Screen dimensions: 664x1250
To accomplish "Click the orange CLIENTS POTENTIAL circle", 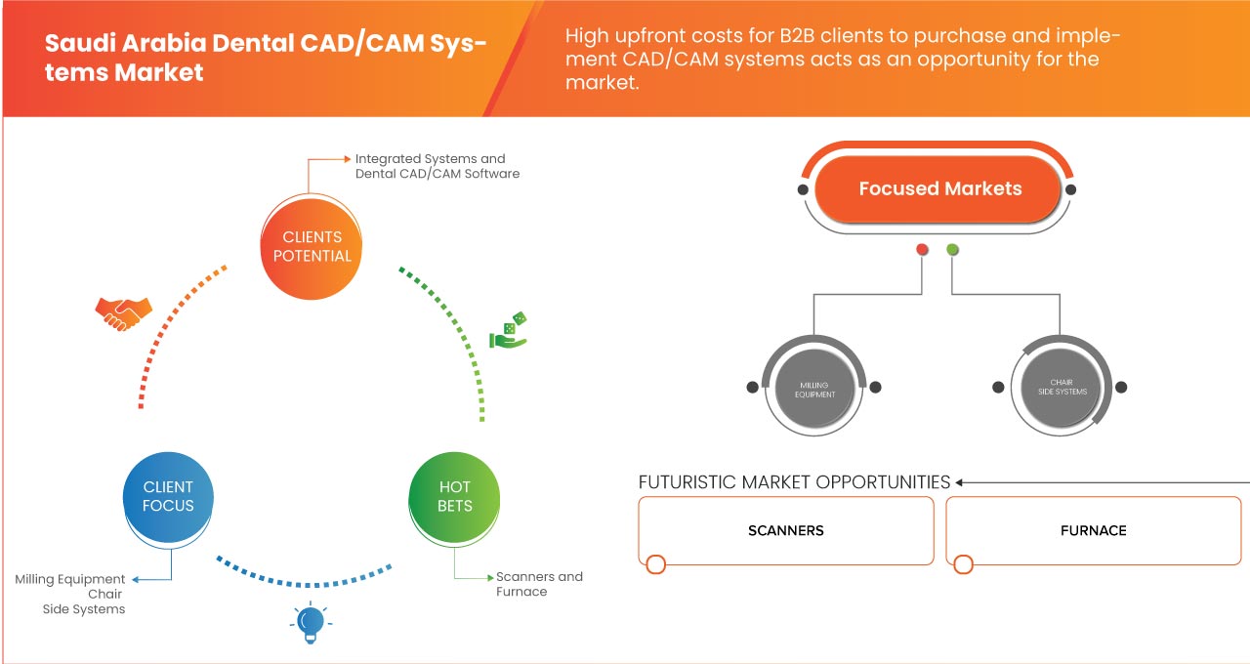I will (312, 246).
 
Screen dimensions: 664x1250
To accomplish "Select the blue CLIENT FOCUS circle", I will (168, 496).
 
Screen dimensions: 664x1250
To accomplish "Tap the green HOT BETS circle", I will (454, 496).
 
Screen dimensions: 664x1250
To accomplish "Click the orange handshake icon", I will (123, 312).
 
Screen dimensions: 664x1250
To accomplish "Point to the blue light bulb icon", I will (311, 623).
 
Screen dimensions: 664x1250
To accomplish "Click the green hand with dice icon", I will (509, 331).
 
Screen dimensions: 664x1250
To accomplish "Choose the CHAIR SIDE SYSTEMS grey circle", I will (1061, 387).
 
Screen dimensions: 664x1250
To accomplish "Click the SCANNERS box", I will (786, 530).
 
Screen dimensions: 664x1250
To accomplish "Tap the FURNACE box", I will (1093, 530).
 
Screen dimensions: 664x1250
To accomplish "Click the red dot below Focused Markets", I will (922, 250).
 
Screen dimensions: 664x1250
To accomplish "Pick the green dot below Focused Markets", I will (952, 250).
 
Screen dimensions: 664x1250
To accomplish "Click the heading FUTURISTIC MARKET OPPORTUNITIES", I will (794, 482).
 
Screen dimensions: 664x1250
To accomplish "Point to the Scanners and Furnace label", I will (539, 584).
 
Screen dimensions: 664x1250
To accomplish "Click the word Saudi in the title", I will (77, 45).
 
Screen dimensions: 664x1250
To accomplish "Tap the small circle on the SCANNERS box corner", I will (656, 564).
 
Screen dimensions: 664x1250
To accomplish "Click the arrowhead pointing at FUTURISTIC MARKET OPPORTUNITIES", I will (960, 482).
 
